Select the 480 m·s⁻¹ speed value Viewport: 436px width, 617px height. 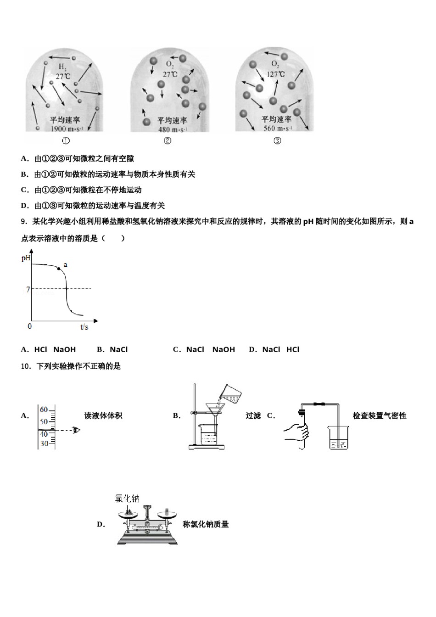tap(172, 129)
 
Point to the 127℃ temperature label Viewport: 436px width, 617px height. tap(275, 74)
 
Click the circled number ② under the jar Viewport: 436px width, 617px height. tap(168, 141)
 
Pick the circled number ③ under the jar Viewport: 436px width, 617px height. tap(277, 141)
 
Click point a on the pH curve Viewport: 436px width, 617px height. tap(59, 268)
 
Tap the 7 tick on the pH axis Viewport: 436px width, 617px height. tap(28, 289)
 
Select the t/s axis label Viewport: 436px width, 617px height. tap(84, 327)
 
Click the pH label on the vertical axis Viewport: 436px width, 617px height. tap(26, 258)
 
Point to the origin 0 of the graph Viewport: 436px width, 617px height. tap(30, 326)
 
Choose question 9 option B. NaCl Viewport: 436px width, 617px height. tap(112, 349)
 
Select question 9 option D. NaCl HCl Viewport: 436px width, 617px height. tap(274, 349)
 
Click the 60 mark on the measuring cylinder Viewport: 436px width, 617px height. tap(44, 409)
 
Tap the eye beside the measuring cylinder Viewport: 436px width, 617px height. tap(76, 430)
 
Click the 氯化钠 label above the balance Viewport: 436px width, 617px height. tap(127, 499)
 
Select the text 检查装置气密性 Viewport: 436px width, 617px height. tap(379, 415)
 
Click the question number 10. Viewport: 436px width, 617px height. tap(26, 366)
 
